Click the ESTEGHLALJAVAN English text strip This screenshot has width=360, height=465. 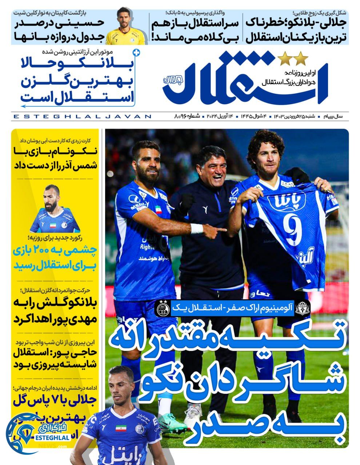point(82,117)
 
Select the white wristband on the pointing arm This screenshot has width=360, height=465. point(197,229)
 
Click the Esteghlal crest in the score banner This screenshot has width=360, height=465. point(163,307)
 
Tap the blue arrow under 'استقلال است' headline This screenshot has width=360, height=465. point(76,106)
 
